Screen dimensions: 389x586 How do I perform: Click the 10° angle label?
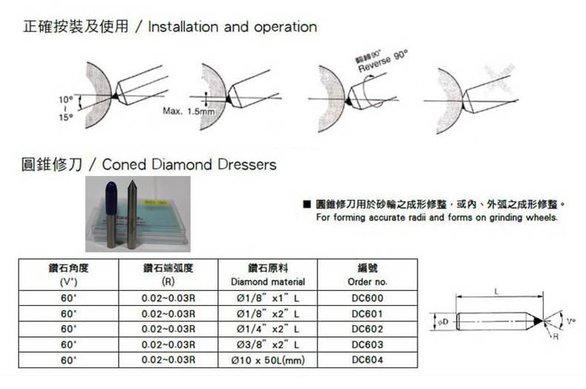click(65, 99)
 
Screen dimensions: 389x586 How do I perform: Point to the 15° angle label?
click(65, 117)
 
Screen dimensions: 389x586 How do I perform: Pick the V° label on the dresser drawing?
click(570, 320)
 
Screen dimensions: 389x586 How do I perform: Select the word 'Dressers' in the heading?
click(246, 164)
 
